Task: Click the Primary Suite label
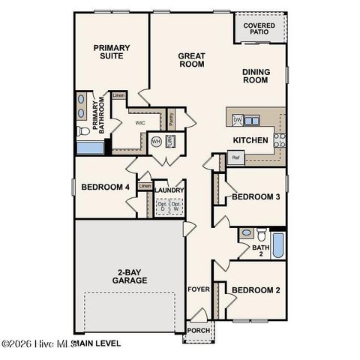pos(112,52)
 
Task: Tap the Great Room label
pos(191,60)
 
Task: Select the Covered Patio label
pos(259,30)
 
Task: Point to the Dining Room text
pos(256,76)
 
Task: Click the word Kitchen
pos(250,140)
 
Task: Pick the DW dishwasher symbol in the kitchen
pos(237,119)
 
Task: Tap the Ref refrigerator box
pos(235,157)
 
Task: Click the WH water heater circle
pos(156,141)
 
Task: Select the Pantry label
pos(171,118)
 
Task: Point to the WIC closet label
pos(139,121)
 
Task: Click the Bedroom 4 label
pos(105,187)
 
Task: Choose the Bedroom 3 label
pos(255,196)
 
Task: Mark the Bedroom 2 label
pos(255,290)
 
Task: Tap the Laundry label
pos(169,190)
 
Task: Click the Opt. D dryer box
pos(162,206)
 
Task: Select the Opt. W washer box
pos(176,206)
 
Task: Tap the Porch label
pos(199,330)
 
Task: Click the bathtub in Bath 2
pos(277,244)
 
